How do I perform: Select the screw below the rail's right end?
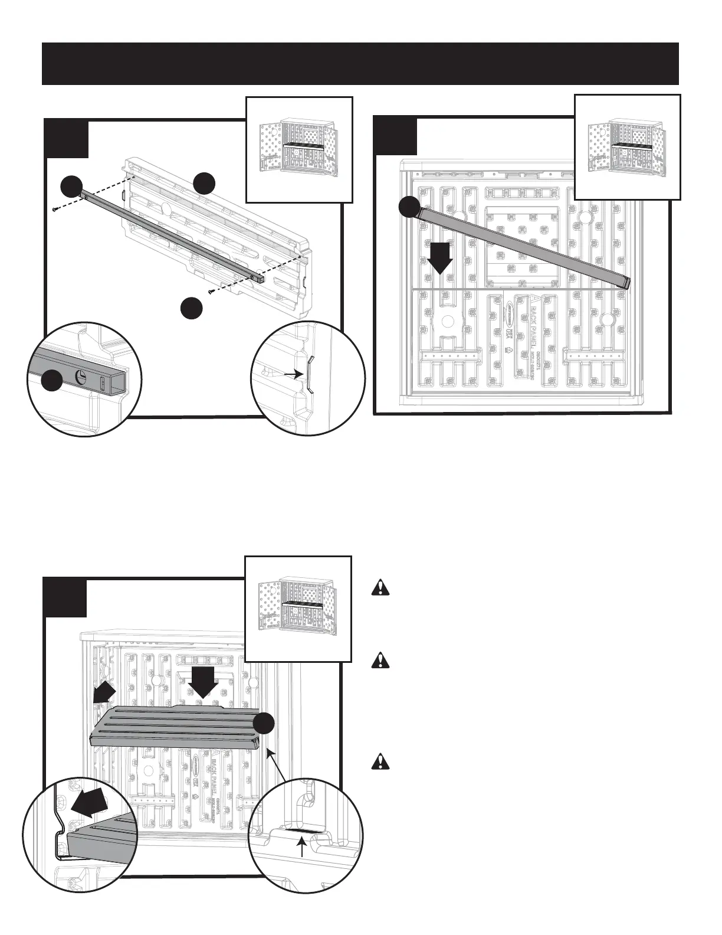[210, 291]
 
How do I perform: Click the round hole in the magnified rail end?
[82, 378]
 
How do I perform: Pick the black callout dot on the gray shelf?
[265, 724]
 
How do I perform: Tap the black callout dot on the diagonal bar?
[409, 208]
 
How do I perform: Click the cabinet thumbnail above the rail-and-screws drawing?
[298, 149]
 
